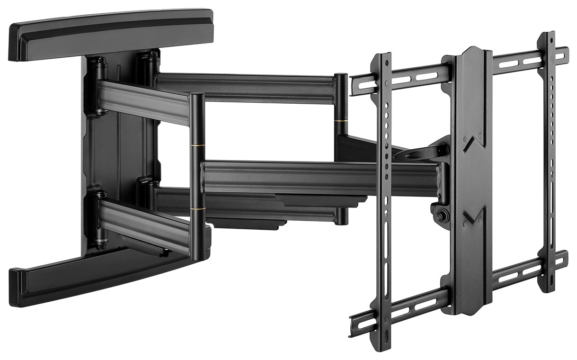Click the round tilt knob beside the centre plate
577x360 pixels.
pos(441,215)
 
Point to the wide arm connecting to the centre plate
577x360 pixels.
pos(322,178)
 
